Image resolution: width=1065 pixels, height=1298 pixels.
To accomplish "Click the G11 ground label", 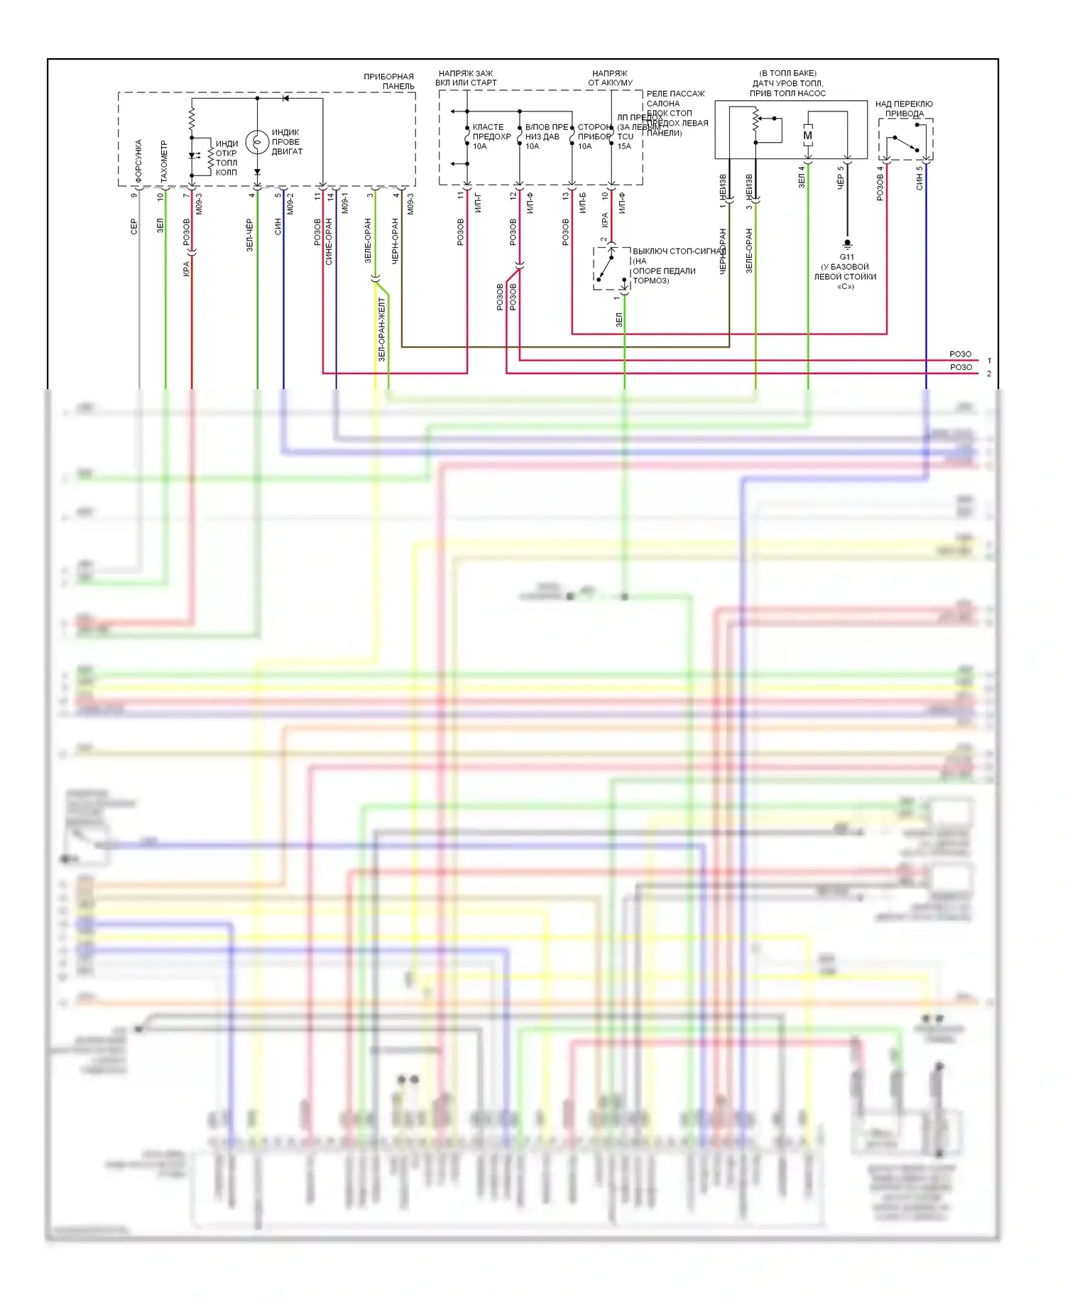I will click(846, 257).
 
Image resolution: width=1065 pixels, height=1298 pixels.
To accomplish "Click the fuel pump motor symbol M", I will click(807, 136).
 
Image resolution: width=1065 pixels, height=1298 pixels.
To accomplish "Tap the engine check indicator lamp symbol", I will click(256, 142).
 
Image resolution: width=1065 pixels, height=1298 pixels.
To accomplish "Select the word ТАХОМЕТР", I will click(164, 162).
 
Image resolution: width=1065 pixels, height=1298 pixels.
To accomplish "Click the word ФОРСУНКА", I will click(138, 162).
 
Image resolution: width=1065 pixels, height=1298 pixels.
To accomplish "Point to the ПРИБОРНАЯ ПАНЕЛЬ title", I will click(388, 81).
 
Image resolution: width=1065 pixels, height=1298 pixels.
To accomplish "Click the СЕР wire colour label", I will click(134, 227).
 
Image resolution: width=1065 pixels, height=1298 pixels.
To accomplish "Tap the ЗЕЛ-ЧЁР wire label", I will click(250, 234).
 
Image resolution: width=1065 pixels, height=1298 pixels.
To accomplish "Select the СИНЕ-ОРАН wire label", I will click(329, 241).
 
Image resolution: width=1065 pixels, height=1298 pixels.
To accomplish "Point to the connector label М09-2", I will click(290, 204).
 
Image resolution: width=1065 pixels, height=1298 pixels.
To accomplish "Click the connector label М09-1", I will click(345, 202).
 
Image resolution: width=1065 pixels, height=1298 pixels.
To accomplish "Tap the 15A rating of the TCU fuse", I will click(624, 146).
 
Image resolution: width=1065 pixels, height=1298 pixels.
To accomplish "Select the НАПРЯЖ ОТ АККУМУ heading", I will click(610, 78).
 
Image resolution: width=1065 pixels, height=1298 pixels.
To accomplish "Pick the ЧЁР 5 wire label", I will click(841, 177).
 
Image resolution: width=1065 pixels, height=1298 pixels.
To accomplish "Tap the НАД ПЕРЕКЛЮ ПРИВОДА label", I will click(904, 109).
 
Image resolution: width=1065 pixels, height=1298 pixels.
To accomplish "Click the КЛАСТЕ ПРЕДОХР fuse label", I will click(491, 132).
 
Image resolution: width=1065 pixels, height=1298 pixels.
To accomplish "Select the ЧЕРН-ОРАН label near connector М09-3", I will click(395, 241).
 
